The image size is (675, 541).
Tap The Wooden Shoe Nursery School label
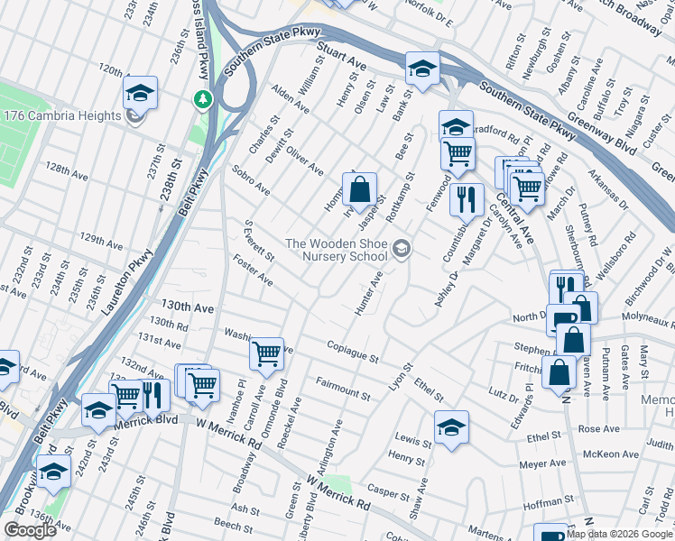click(x=336, y=250)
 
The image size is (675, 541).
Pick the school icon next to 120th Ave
click(x=141, y=91)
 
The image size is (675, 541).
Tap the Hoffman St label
click(x=543, y=505)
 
